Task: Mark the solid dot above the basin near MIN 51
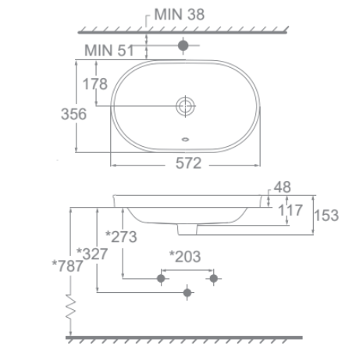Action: [183, 46]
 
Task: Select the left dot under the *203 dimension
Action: [162, 277]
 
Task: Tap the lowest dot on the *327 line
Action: [186, 293]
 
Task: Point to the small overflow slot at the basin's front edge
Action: [184, 141]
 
